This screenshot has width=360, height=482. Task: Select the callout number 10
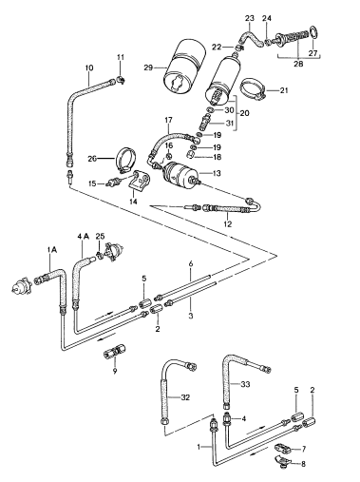89,67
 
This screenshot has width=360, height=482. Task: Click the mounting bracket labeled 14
140,180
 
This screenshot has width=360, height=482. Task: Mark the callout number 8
303,464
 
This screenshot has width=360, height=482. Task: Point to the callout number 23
249,17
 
